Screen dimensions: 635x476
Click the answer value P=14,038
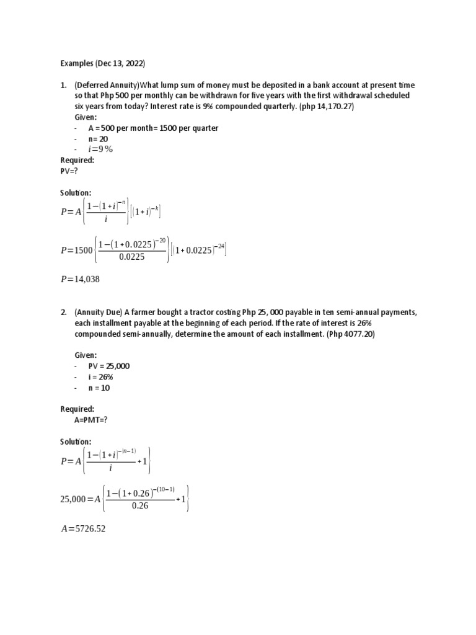(80, 279)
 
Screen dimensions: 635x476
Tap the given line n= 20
(98, 138)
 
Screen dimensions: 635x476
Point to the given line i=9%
(100, 149)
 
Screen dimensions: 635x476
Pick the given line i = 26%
(100, 377)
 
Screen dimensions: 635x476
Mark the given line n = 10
(102, 388)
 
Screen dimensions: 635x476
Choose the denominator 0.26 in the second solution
(141, 506)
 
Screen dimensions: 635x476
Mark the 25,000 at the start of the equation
(76, 499)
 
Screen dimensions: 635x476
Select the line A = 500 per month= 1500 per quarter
(152, 128)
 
